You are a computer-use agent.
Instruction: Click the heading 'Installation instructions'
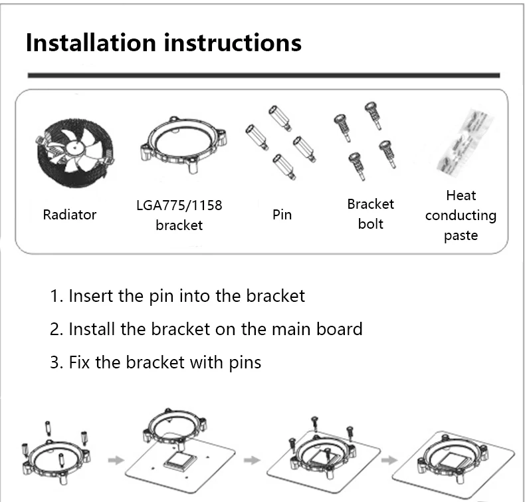pyautogui.click(x=163, y=43)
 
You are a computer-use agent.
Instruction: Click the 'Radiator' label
pyautogui.click(x=69, y=215)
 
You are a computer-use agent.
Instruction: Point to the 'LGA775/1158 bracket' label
pyautogui.click(x=179, y=215)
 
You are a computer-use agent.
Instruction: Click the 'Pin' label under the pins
pyautogui.click(x=282, y=215)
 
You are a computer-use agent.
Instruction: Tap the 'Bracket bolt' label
pyautogui.click(x=370, y=213)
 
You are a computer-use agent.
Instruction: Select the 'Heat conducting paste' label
pyautogui.click(x=461, y=215)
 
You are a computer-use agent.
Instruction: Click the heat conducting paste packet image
pyautogui.click(x=461, y=152)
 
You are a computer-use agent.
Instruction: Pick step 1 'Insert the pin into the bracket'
pyautogui.click(x=177, y=295)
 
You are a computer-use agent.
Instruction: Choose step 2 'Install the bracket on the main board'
pyautogui.click(x=206, y=328)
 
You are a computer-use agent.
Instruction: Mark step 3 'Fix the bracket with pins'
pyautogui.click(x=156, y=362)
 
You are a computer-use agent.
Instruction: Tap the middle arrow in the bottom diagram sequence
pyautogui.click(x=251, y=459)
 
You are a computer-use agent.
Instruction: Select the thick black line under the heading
pyautogui.click(x=263, y=75)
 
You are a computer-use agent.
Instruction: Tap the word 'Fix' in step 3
pyautogui.click(x=80, y=362)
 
